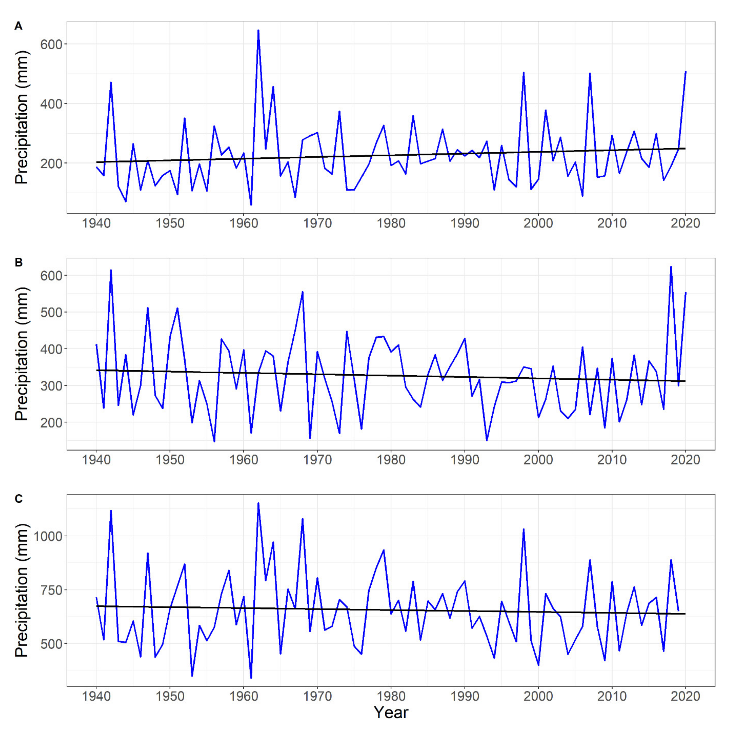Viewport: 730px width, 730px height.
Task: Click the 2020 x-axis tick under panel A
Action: click(686, 223)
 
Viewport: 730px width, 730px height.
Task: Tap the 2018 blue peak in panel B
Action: click(671, 267)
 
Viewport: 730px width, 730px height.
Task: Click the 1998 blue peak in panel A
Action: click(524, 72)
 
